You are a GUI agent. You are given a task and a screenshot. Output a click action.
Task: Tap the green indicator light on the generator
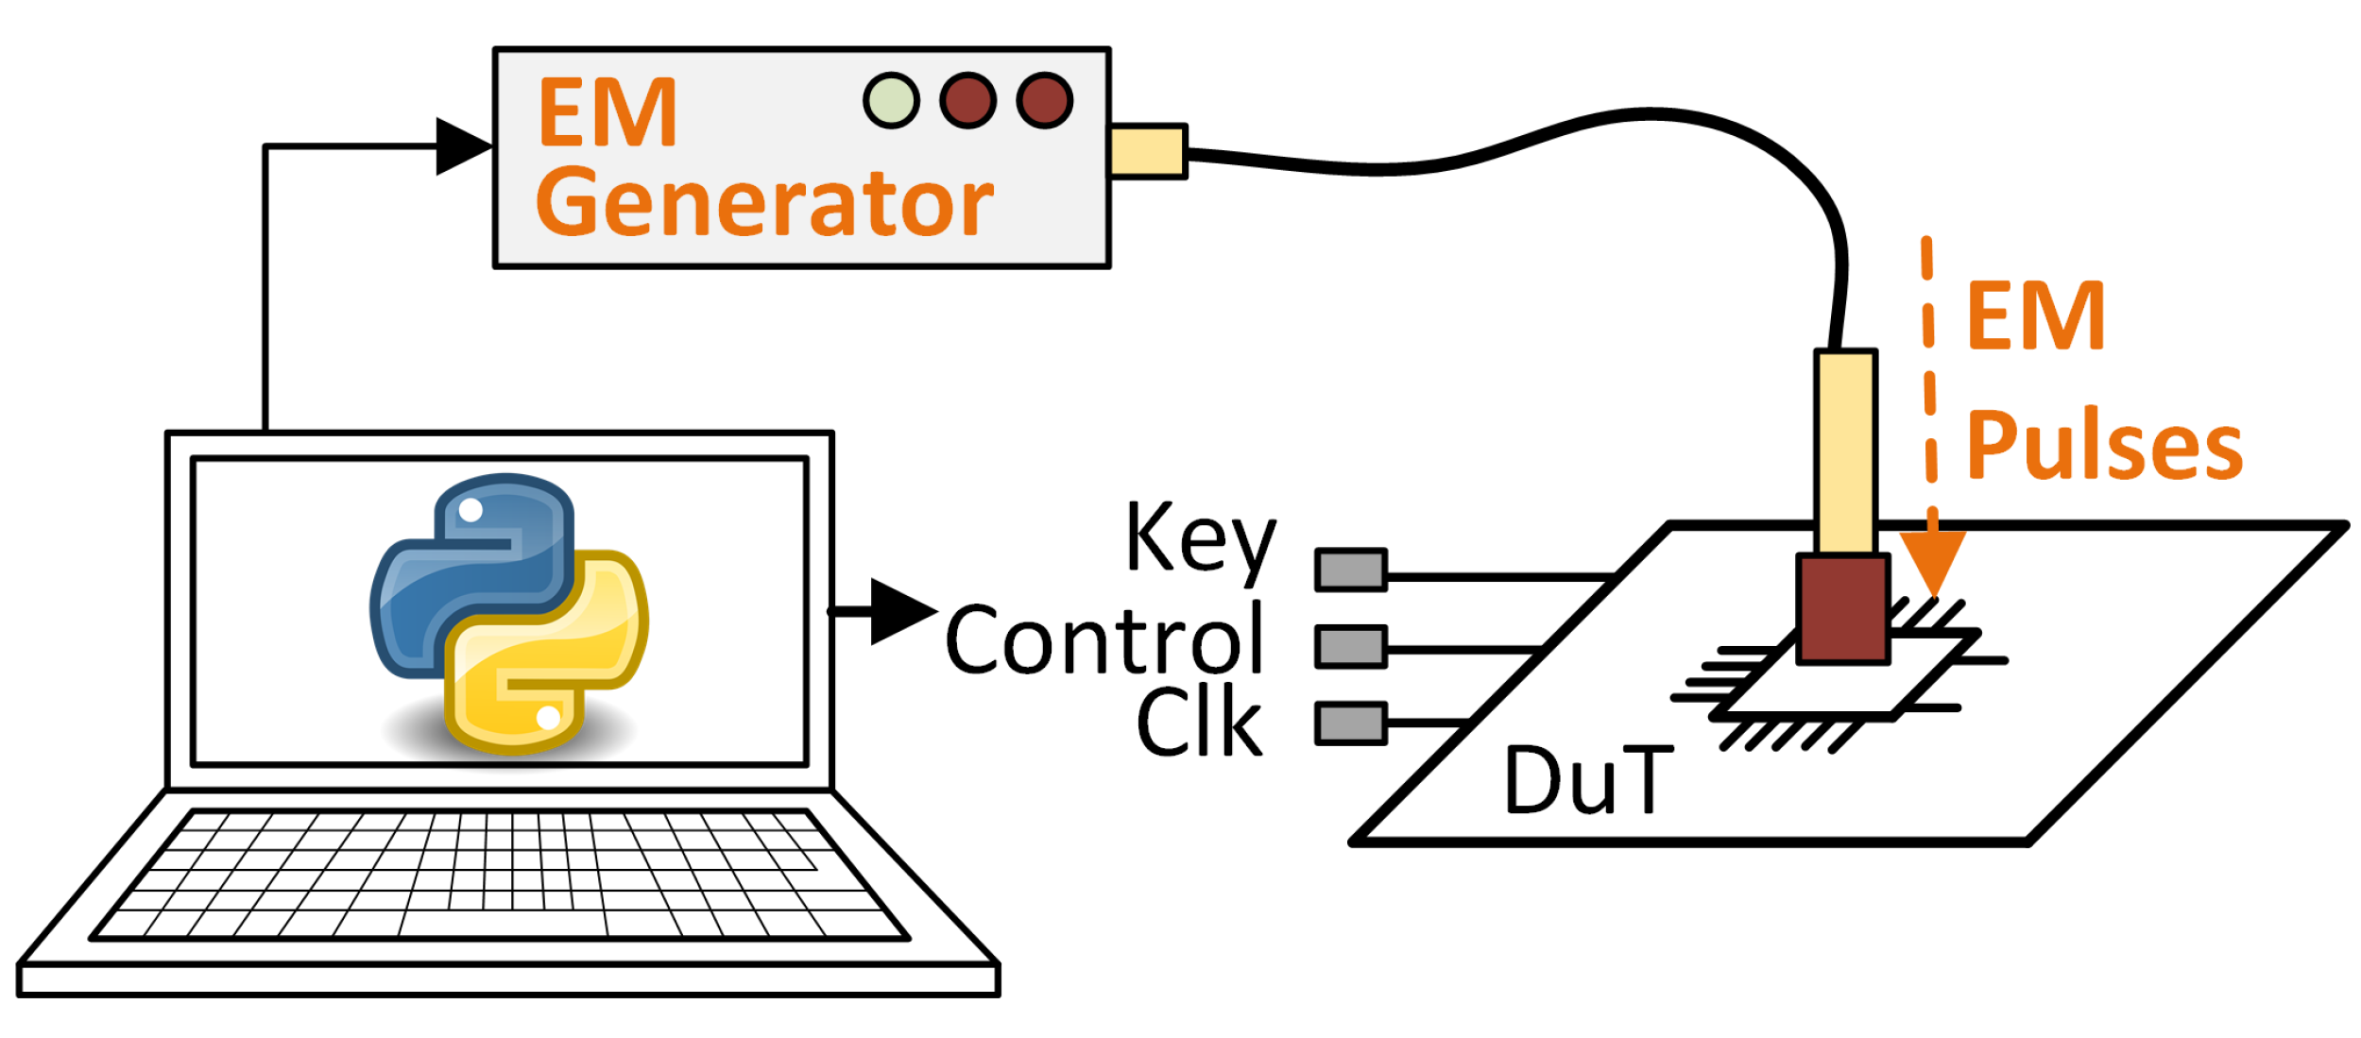click(890, 100)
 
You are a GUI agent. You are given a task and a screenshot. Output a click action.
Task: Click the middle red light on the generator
click(967, 100)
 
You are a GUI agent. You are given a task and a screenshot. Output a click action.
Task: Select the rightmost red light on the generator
click(1044, 100)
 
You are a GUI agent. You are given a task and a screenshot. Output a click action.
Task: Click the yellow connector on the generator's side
click(1147, 151)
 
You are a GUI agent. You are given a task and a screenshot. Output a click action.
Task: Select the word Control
click(1104, 640)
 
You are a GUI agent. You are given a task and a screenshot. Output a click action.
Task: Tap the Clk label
click(1198, 723)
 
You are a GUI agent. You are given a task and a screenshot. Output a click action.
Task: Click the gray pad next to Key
click(1350, 570)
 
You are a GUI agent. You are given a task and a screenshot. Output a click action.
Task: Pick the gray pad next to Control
click(1350, 647)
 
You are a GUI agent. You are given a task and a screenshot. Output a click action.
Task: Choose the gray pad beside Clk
click(1350, 723)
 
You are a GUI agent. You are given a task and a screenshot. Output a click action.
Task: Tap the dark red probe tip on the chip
click(1841, 609)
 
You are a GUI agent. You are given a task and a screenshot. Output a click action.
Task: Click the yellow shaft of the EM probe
click(1844, 451)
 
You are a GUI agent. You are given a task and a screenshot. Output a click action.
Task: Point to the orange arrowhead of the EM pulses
click(1932, 561)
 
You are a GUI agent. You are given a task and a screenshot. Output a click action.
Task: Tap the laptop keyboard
click(501, 874)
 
